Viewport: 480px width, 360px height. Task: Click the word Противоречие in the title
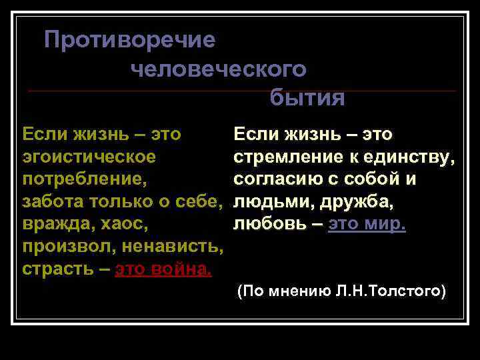129,41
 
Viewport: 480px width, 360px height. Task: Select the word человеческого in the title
219,69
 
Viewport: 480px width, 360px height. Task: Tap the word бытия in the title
307,99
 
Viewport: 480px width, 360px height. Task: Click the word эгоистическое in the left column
89,157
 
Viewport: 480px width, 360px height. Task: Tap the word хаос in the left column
124,225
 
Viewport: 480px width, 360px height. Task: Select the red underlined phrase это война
164,270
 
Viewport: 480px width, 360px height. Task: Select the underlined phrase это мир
367,225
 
